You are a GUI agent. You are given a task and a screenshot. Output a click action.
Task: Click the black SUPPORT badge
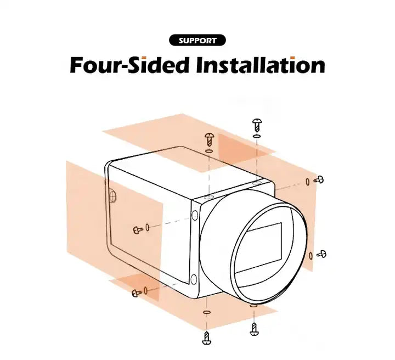(x=198, y=40)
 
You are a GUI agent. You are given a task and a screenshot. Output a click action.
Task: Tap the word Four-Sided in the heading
(x=129, y=65)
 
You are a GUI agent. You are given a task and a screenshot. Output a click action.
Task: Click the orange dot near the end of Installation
(x=292, y=58)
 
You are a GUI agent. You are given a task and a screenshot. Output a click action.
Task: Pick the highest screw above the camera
(x=257, y=125)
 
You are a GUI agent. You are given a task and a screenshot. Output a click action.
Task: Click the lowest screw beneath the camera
(x=207, y=338)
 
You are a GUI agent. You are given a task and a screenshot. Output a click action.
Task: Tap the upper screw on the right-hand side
(x=319, y=179)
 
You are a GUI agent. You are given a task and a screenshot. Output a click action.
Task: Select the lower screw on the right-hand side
(x=321, y=254)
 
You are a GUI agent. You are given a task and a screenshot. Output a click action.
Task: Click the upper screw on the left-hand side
(x=138, y=229)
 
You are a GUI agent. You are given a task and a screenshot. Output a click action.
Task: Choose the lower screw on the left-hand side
(x=137, y=292)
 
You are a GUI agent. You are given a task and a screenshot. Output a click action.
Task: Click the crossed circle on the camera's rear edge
(x=113, y=196)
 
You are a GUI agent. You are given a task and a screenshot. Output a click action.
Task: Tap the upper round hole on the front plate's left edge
(x=195, y=216)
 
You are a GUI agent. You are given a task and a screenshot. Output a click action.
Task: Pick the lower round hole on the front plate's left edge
(x=194, y=279)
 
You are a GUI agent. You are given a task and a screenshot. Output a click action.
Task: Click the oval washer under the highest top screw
(x=257, y=136)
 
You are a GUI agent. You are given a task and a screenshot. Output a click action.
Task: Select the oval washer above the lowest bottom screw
(x=207, y=312)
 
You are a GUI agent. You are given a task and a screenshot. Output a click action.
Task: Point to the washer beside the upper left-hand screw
(x=148, y=227)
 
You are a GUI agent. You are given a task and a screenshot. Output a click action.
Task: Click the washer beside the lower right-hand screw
(x=311, y=256)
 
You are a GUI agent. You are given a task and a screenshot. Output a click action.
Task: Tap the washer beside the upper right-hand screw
(x=308, y=182)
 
